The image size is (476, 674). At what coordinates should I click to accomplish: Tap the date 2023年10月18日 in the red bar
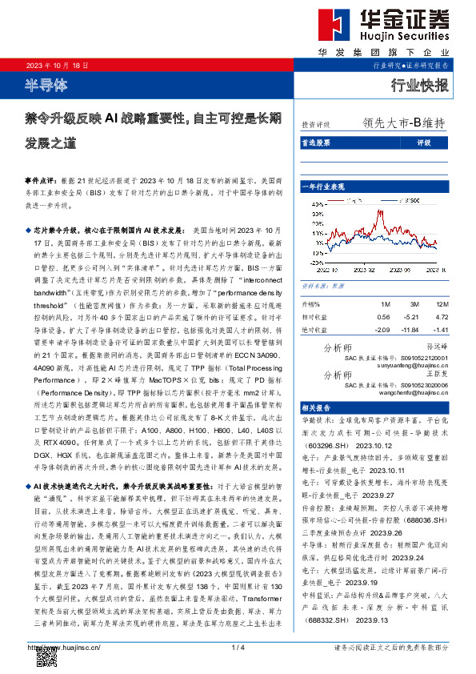click(x=55, y=65)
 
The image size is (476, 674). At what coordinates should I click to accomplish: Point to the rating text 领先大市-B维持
click(x=403, y=124)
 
